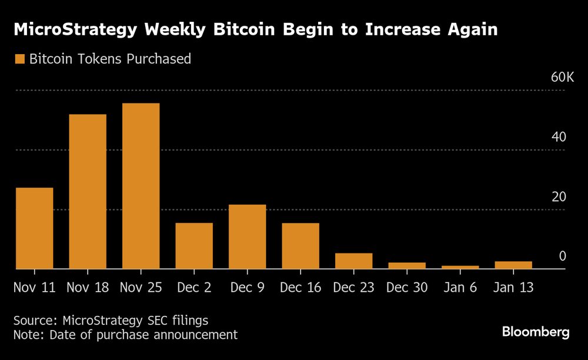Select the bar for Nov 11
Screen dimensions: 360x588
[x=34, y=228]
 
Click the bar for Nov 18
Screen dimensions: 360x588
[x=88, y=192]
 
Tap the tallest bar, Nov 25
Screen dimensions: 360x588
[x=141, y=186]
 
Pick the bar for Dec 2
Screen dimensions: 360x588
[x=194, y=246]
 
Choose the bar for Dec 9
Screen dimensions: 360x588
[x=247, y=236]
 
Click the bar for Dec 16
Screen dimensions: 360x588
[x=300, y=246]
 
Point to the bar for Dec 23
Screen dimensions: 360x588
[x=353, y=261]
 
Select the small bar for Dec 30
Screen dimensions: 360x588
[x=407, y=266]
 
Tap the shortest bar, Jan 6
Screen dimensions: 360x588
[x=460, y=267]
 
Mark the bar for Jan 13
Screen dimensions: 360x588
[x=513, y=265]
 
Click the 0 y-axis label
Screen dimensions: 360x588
[x=562, y=256]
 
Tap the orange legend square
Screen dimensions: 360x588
[x=19, y=59]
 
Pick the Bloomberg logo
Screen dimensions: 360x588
[x=536, y=332]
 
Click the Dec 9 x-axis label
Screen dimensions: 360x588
[x=247, y=288]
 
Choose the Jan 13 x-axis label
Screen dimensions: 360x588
[x=513, y=288]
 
